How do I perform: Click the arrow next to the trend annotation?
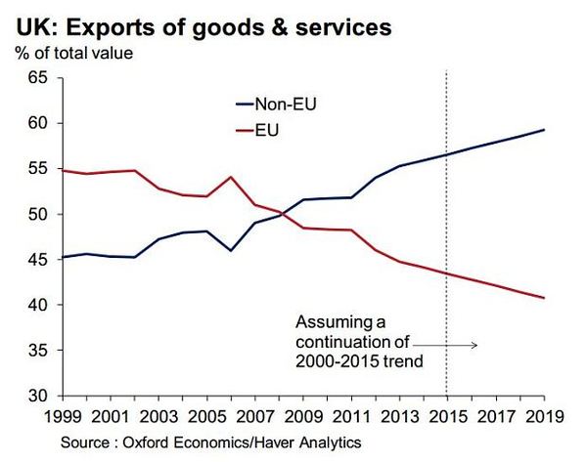[445, 344]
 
